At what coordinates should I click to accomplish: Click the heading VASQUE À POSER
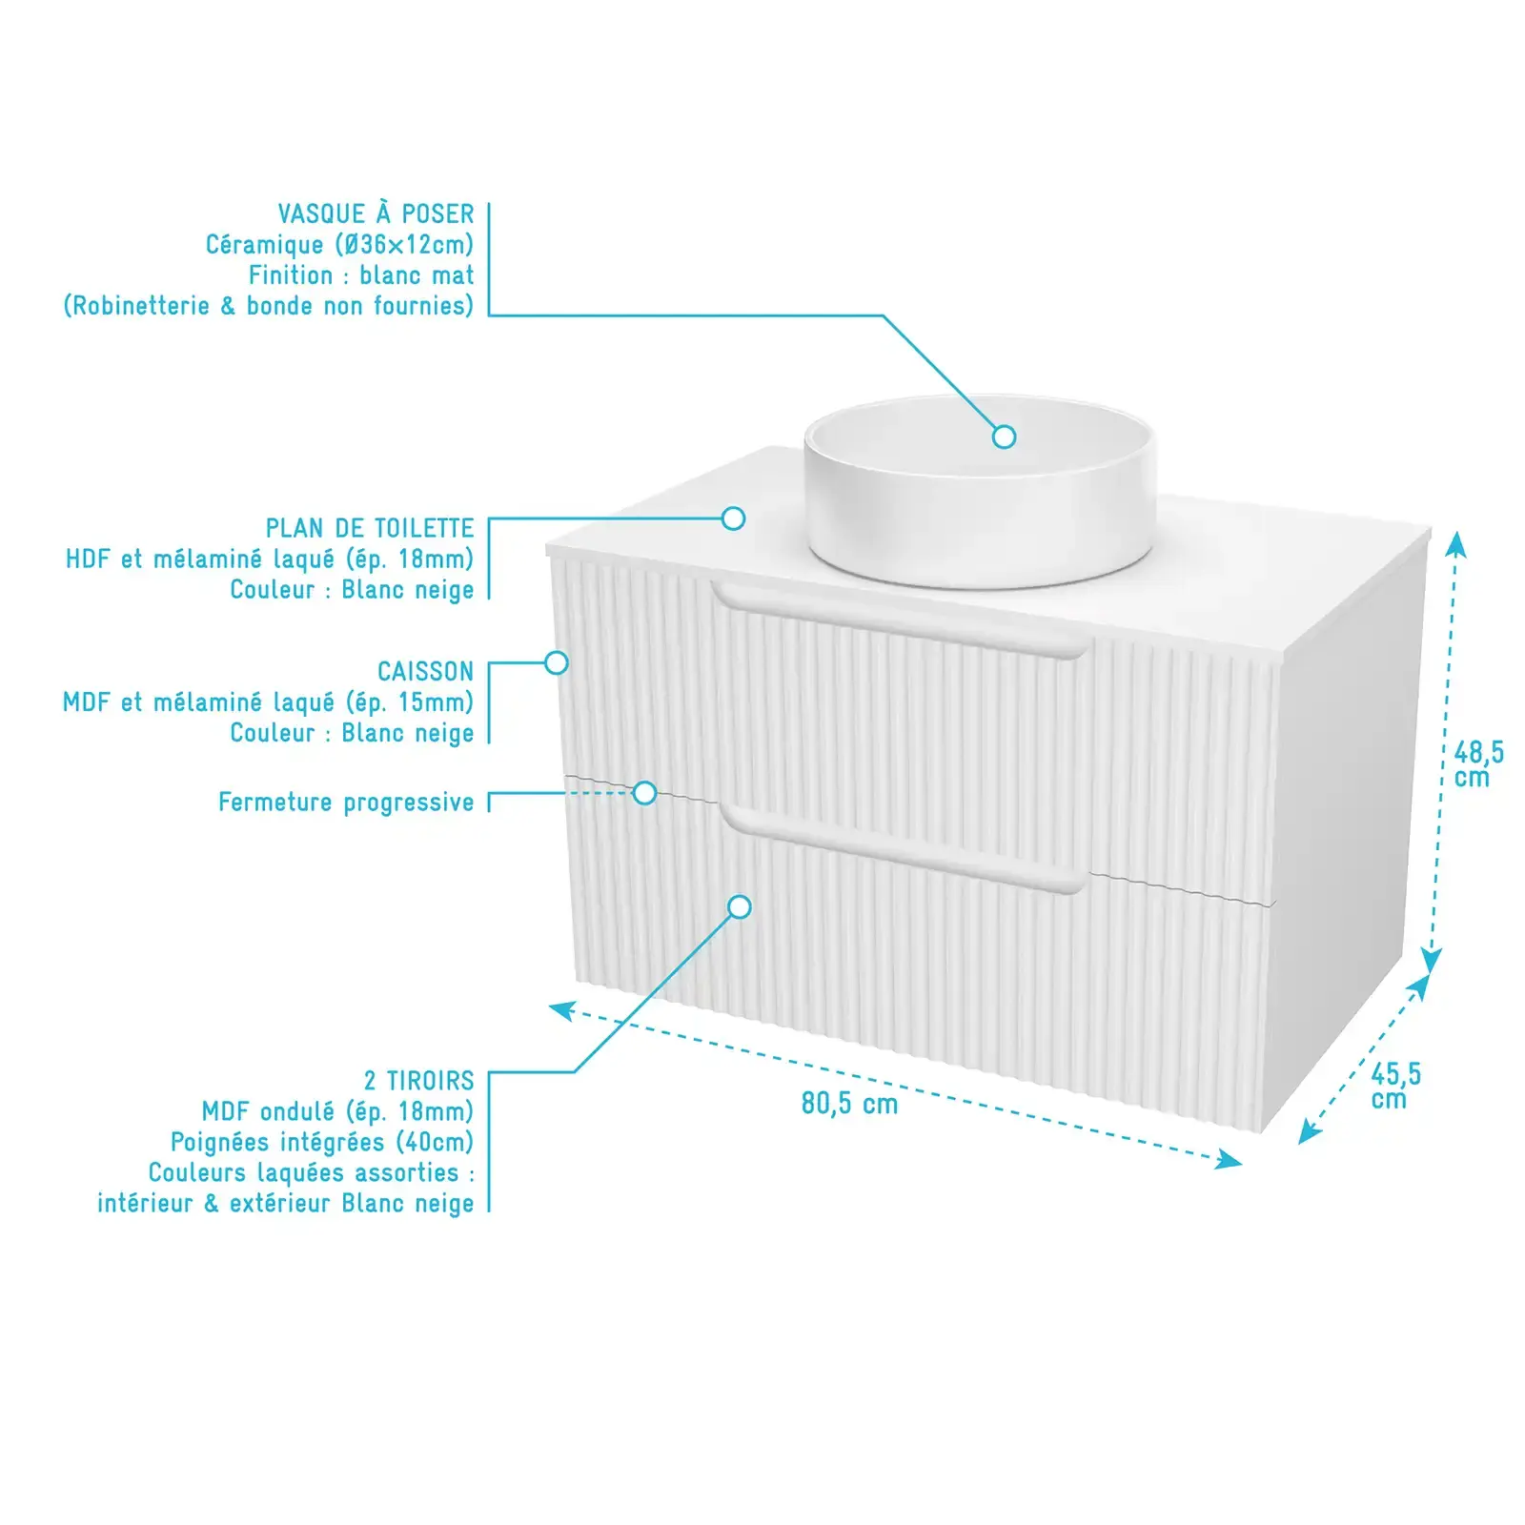click(x=376, y=213)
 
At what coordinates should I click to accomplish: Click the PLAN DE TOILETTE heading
click(x=370, y=528)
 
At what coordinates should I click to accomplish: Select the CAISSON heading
click(x=425, y=671)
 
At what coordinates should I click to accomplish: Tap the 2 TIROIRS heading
click(x=418, y=1081)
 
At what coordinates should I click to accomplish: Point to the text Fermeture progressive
click(x=346, y=803)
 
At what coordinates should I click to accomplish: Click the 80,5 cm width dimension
click(x=849, y=1104)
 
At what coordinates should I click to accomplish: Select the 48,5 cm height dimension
click(x=1478, y=764)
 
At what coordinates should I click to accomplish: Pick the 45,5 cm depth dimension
click(x=1395, y=1087)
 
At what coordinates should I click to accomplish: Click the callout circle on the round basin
click(x=1004, y=437)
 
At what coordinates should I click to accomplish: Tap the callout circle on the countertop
click(x=733, y=518)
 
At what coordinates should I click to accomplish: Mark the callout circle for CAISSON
click(x=557, y=662)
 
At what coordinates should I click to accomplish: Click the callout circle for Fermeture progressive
click(x=645, y=793)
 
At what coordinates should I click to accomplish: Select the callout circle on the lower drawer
click(x=740, y=906)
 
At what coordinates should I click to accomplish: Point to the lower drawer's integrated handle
click(x=904, y=848)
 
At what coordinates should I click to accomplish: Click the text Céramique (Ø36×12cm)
click(x=339, y=245)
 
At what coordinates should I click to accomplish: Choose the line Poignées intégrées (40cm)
click(x=322, y=1142)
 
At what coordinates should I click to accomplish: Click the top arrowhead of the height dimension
click(x=1454, y=544)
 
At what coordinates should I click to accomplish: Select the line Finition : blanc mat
click(x=361, y=275)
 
